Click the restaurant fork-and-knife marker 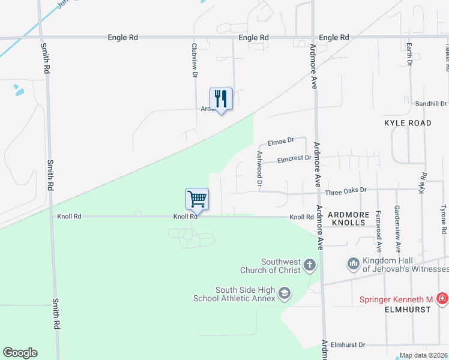221,99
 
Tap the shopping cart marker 197,199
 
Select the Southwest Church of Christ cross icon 309,265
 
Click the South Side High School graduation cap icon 285,293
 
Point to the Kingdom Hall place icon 353,263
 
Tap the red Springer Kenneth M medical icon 442,298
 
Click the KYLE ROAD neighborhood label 408,123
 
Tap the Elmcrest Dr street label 294,159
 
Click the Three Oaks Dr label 345,191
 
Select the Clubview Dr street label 194,59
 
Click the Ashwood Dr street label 260,169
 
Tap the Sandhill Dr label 431,104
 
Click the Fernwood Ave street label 378,231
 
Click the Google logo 20,353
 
